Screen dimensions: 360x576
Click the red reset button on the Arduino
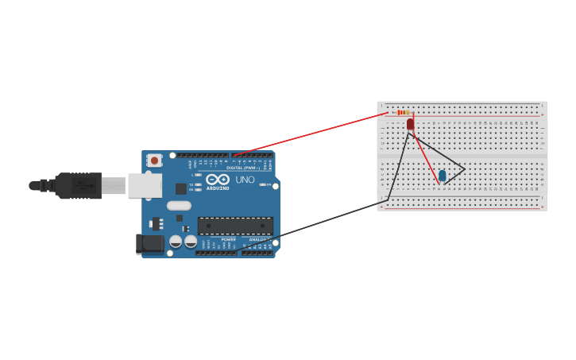(x=154, y=160)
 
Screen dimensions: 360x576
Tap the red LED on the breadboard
(x=410, y=124)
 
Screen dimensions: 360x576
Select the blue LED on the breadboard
(x=443, y=176)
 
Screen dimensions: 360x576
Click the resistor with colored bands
(x=404, y=113)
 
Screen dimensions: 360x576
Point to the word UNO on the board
(x=245, y=180)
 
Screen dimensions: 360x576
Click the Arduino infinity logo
(x=218, y=179)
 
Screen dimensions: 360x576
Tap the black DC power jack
(x=149, y=244)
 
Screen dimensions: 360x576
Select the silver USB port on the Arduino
(x=145, y=185)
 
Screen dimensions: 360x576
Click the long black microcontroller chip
(x=235, y=226)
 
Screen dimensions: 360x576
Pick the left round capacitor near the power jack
(x=176, y=241)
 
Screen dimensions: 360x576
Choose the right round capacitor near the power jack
(x=191, y=241)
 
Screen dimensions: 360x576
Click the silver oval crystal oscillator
(x=179, y=206)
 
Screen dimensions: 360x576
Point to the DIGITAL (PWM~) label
(x=243, y=168)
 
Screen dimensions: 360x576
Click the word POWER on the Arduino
(x=228, y=239)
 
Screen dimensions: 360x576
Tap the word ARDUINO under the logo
(x=218, y=188)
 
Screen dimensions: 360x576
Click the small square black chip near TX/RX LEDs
(x=181, y=188)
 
